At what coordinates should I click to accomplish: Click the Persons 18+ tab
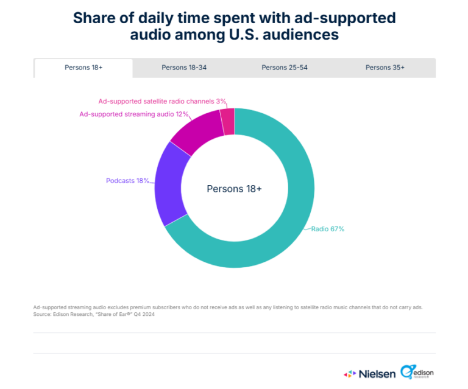(x=83, y=68)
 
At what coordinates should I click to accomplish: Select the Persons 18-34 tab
(x=184, y=68)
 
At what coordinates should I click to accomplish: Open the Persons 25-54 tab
(x=285, y=68)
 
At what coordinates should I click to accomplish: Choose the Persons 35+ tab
(x=385, y=68)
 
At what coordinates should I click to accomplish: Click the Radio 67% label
(x=328, y=230)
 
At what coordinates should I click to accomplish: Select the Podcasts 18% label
(x=127, y=181)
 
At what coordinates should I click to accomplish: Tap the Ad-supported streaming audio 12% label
(x=135, y=114)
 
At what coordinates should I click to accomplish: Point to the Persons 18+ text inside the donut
(x=234, y=189)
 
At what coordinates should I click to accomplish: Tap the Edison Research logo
(x=417, y=371)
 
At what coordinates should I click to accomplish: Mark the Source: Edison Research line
(x=92, y=315)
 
